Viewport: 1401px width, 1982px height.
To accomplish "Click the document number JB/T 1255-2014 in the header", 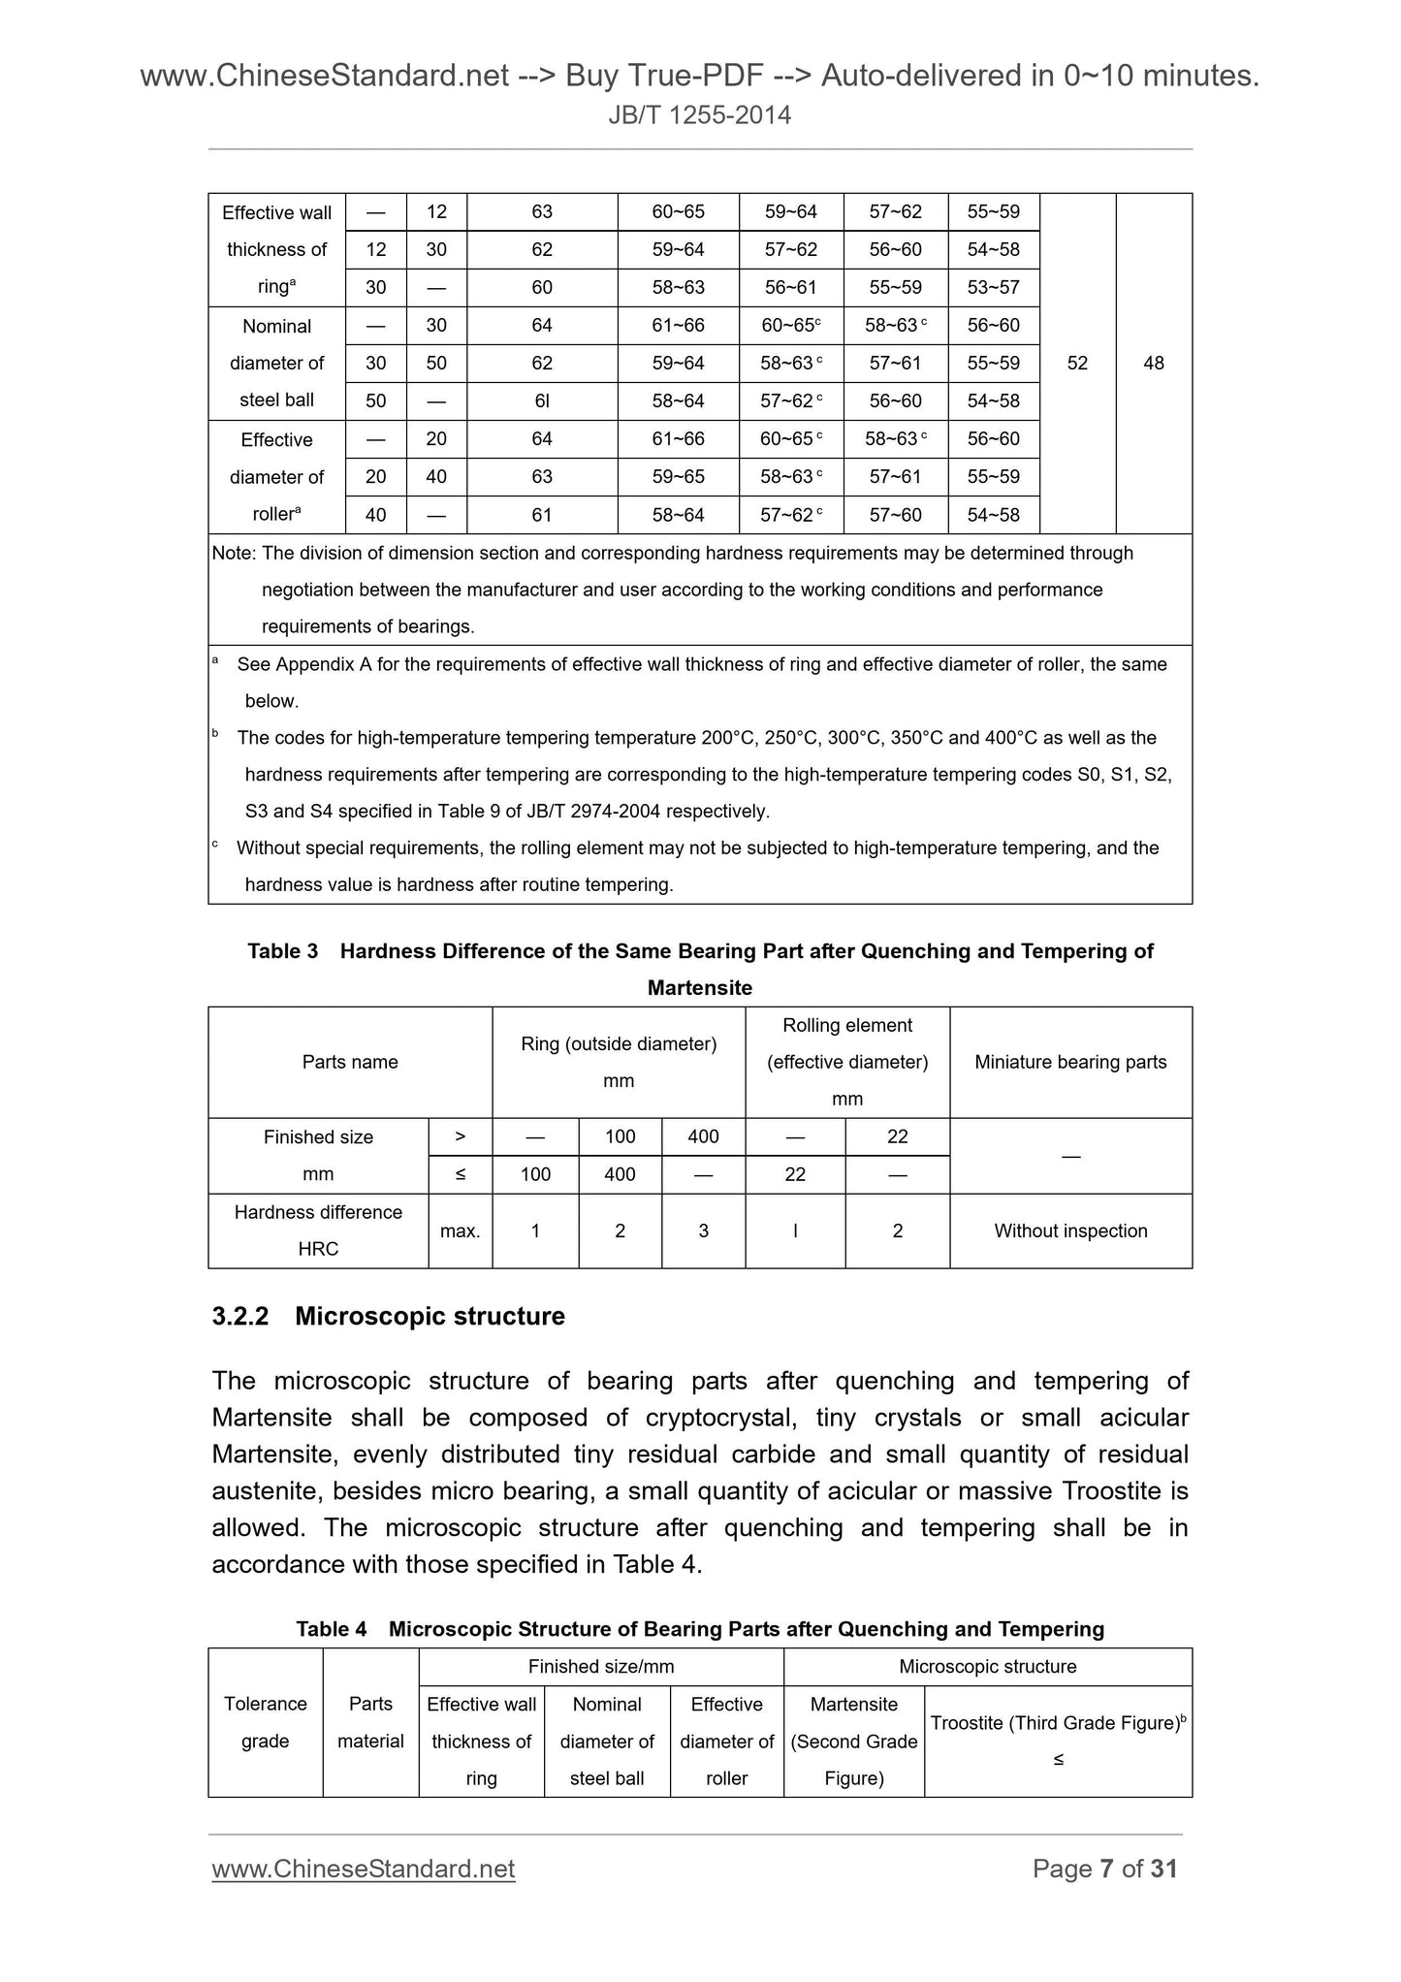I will click(x=699, y=115).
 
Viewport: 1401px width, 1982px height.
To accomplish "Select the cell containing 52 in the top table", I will click(x=1076, y=364).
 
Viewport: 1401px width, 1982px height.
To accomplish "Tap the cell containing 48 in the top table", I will click(x=1153, y=364).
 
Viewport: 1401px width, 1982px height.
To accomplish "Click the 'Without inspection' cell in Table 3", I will click(x=1070, y=1231).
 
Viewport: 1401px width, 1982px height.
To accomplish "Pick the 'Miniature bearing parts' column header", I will click(x=1070, y=1062).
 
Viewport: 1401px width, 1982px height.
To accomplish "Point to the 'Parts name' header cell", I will click(x=350, y=1062).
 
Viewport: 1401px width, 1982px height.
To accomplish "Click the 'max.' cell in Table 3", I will click(x=460, y=1231).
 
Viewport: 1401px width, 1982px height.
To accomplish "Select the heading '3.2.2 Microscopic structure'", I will click(x=388, y=1316).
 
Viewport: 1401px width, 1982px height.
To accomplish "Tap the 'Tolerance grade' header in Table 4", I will click(x=265, y=1722).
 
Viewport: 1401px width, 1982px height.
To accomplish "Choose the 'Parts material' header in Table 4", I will click(x=370, y=1722).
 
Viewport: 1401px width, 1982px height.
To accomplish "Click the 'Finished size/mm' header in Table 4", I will click(x=600, y=1666).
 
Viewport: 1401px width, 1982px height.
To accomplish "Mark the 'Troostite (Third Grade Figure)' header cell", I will click(x=1057, y=1723).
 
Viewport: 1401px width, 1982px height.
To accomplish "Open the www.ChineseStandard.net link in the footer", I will click(x=363, y=1869).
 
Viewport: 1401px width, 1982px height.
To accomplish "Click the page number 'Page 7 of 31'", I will click(x=1104, y=1869).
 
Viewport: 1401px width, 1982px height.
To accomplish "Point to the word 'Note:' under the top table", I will click(x=234, y=553).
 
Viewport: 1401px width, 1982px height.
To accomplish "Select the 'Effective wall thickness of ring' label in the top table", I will click(x=276, y=249).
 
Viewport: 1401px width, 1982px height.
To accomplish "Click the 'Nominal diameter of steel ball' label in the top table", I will click(x=276, y=363).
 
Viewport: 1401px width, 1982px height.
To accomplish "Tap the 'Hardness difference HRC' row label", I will click(x=318, y=1231).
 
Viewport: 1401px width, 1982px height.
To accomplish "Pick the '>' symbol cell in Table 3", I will click(x=460, y=1136).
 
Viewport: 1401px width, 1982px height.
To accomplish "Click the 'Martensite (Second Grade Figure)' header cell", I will click(x=853, y=1741).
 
